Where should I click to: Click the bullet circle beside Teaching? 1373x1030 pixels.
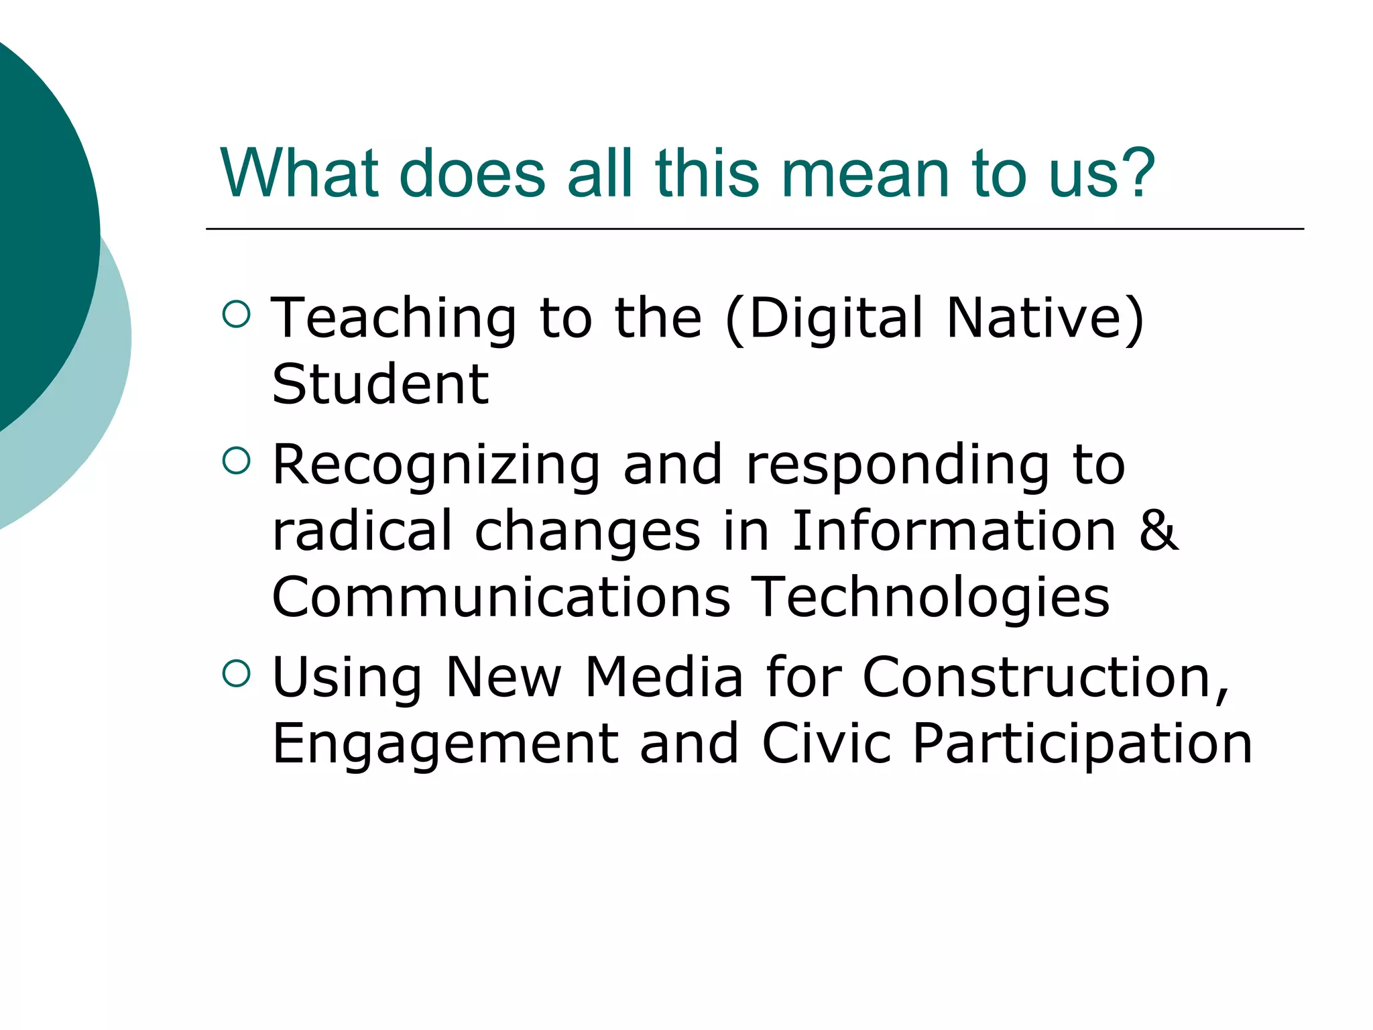(x=236, y=314)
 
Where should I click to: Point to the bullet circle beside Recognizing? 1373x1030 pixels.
(x=236, y=461)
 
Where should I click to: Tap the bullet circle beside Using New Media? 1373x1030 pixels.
(x=236, y=673)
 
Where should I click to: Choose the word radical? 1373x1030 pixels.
(x=362, y=530)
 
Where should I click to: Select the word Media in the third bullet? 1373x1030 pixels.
(x=664, y=677)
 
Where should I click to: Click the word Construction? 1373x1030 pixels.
(x=1045, y=678)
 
